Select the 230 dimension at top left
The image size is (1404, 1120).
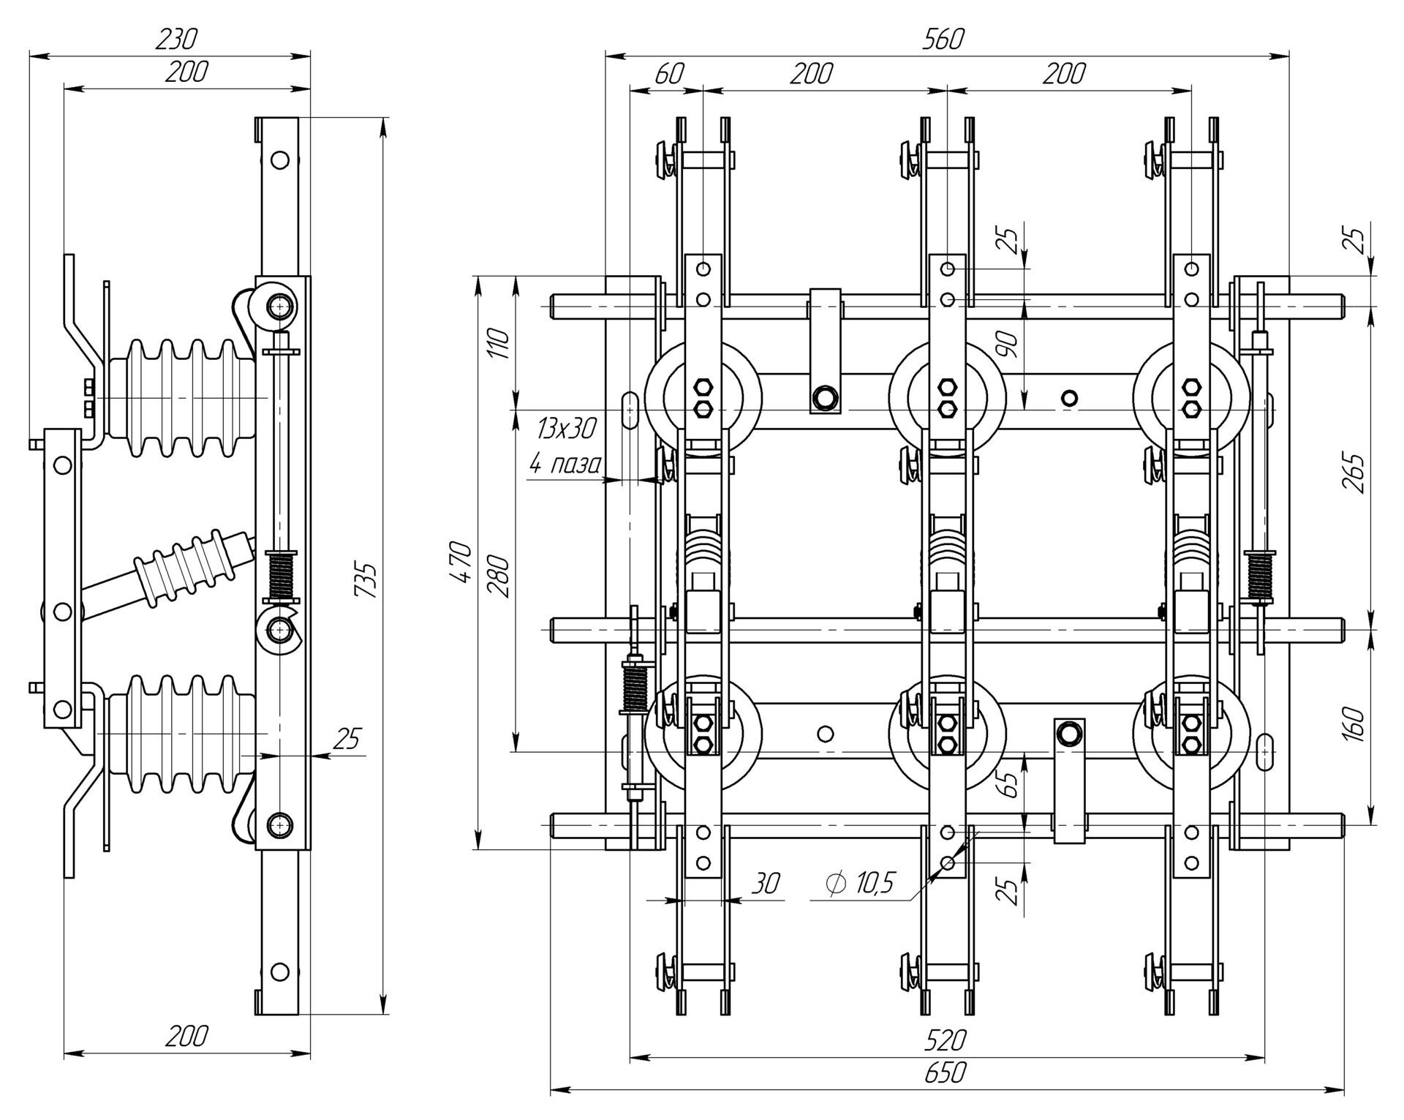click(x=176, y=39)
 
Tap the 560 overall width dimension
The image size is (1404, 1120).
click(x=943, y=39)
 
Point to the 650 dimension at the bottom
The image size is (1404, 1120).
click(x=945, y=1073)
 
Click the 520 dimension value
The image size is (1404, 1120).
click(x=945, y=1040)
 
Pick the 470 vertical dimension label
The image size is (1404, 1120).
click(x=460, y=562)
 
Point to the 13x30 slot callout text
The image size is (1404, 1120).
click(x=566, y=428)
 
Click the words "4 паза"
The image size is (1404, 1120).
click(x=565, y=463)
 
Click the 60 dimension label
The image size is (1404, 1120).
click(x=668, y=74)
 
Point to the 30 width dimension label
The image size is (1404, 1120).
click(x=766, y=884)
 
